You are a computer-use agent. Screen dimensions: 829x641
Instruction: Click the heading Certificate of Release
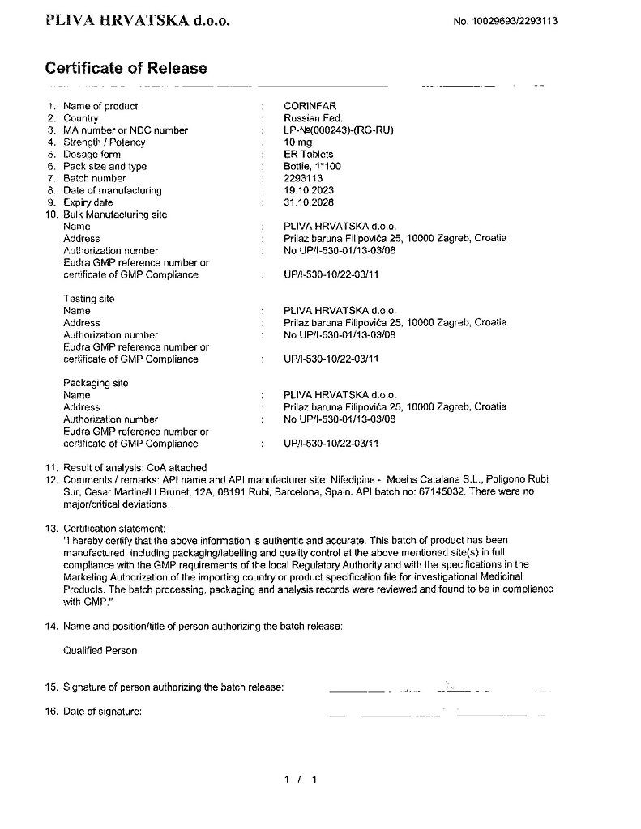tap(126, 68)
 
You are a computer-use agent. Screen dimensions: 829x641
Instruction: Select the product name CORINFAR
tap(310, 106)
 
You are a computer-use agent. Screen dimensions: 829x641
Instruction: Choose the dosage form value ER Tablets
tap(308, 154)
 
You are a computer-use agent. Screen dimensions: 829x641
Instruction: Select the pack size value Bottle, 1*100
tap(312, 166)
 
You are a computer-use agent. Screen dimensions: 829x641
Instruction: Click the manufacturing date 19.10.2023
tap(309, 190)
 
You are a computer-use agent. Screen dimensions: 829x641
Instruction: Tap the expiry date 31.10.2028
tap(309, 202)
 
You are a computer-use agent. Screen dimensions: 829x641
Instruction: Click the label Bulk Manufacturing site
tap(114, 215)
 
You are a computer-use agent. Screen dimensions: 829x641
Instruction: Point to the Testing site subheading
tap(89, 299)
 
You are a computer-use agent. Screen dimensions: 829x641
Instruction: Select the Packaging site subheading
tap(96, 383)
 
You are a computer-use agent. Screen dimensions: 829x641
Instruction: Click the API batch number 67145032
tap(442, 491)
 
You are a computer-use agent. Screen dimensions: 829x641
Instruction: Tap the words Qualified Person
tap(100, 650)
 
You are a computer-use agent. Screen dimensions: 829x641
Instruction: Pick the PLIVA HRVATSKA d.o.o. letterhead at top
tap(138, 21)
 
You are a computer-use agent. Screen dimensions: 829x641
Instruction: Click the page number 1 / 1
tap(299, 780)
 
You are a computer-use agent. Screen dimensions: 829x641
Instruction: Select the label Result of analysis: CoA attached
tap(135, 467)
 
